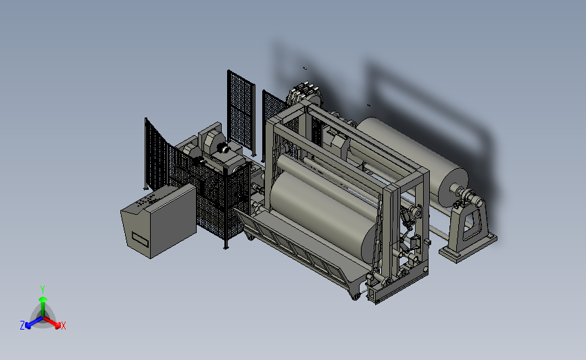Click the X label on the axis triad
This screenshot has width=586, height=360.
click(63, 326)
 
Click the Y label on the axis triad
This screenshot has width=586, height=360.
click(43, 290)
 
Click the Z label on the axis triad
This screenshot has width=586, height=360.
click(22, 326)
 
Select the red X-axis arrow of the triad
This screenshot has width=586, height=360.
click(51, 322)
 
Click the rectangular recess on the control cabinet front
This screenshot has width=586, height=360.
click(140, 238)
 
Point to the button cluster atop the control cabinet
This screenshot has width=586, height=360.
click(147, 200)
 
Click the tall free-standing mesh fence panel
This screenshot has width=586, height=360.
click(241, 112)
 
